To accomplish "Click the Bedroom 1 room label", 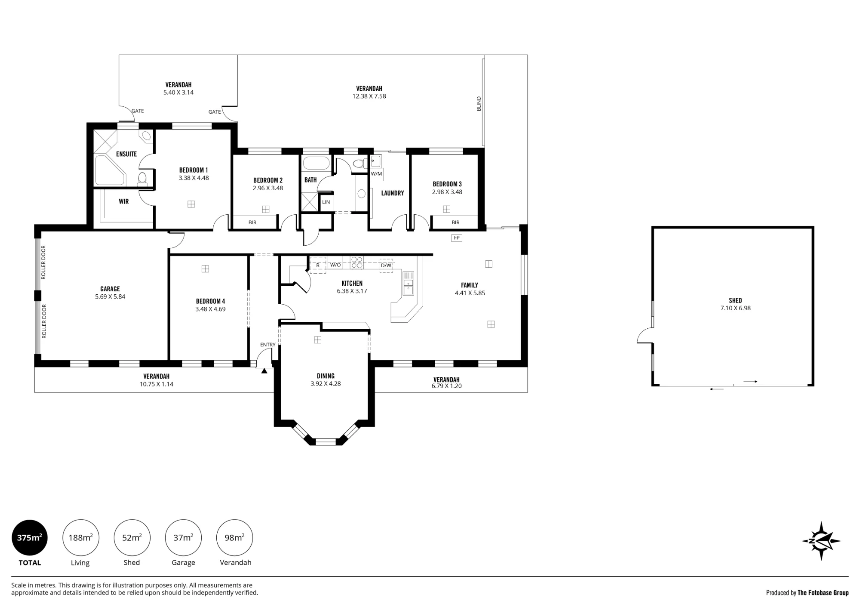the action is [193, 170].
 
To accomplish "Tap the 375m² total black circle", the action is [29, 537].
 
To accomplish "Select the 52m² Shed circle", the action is [132, 537].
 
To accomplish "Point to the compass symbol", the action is [821, 541].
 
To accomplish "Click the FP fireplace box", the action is [457, 238].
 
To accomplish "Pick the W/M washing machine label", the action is [376, 174].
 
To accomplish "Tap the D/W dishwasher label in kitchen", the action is [386, 265].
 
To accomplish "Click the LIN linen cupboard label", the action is [326, 202].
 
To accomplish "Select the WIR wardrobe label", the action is [124, 201].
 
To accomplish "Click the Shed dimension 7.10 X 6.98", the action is [736, 308].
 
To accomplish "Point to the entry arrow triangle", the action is [264, 370].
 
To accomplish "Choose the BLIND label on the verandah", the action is [479, 104].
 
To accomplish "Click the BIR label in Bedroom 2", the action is [252, 222].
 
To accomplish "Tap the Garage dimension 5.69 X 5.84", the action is [110, 296].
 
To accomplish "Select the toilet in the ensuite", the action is [142, 179].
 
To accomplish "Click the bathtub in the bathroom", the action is [316, 164].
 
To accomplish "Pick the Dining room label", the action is [326, 376].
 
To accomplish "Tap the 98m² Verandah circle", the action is [234, 537].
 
